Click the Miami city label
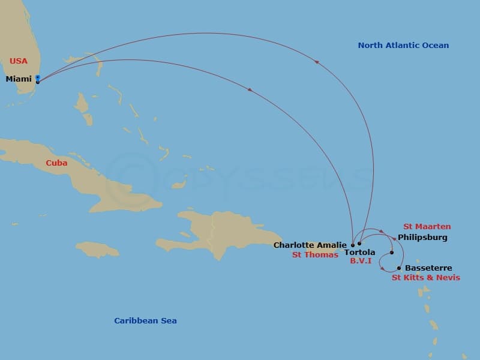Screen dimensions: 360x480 coord(18,79)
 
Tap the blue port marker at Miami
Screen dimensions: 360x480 coord(38,78)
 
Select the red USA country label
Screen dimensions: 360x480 coord(18,61)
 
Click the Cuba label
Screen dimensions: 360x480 coord(56,163)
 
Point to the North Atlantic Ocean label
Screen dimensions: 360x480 coord(403,45)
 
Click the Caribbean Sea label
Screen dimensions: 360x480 coord(145,320)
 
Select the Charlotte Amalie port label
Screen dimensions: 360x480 coord(310,245)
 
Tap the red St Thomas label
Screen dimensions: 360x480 coord(315,255)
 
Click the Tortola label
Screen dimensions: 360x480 coord(360,253)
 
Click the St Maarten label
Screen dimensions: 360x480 coord(427,227)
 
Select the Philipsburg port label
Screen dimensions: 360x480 coord(422,238)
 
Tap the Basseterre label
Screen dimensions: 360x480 coord(428,268)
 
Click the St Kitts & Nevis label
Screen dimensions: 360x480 coord(426,278)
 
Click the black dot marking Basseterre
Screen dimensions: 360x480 coord(399,268)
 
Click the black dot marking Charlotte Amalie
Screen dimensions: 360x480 coord(352,245)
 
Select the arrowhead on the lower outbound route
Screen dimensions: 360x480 coord(249,90)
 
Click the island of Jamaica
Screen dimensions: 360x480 coord(98,250)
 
